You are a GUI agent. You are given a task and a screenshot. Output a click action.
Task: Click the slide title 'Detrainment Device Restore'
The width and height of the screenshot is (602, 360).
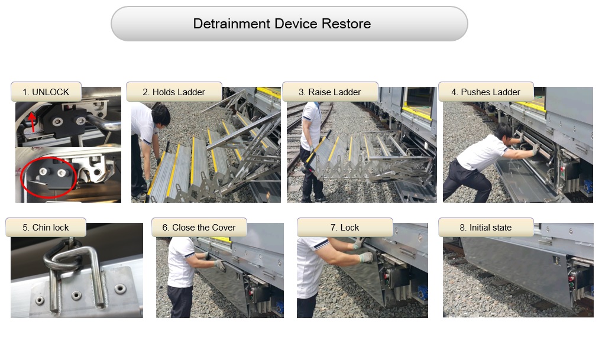[282, 24]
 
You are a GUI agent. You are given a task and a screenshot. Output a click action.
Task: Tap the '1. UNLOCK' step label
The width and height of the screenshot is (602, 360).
[46, 92]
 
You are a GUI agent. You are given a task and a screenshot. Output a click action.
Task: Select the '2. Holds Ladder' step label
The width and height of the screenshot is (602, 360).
[174, 92]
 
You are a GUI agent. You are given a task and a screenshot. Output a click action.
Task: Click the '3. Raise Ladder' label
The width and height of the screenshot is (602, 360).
[330, 92]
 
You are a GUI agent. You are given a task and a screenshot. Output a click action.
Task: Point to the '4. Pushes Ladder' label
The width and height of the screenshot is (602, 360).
[486, 92]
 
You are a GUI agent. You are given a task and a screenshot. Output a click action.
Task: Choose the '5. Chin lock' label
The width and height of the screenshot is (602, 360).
[46, 228]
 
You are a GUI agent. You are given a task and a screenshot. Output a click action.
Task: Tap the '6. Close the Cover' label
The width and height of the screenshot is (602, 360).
[199, 228]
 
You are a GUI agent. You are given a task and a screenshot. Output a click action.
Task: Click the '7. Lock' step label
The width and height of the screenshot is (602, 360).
[345, 228]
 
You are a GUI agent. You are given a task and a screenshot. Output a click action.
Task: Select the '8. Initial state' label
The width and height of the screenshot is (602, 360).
[486, 228]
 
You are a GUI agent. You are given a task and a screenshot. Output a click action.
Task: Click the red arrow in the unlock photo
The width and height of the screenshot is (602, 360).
[33, 122]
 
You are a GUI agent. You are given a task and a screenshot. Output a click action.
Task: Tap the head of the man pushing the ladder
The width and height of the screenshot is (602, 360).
[503, 132]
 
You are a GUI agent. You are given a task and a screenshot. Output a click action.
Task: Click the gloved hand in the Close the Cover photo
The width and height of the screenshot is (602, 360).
[221, 265]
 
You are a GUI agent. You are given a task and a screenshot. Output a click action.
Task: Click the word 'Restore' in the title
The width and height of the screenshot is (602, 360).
[346, 24]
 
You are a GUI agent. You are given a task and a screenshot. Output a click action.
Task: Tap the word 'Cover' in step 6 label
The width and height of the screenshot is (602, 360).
[224, 228]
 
